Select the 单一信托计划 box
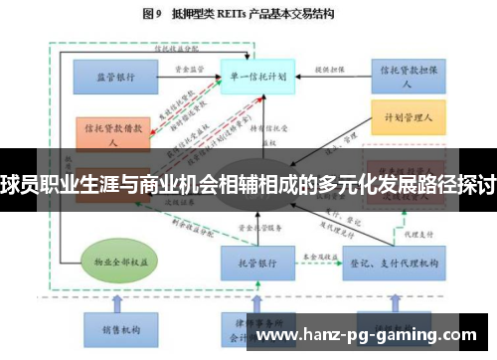coord(254,75)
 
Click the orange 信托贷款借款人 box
coord(112,133)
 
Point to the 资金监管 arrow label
coord(189,68)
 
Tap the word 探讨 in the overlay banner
coord(477,183)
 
